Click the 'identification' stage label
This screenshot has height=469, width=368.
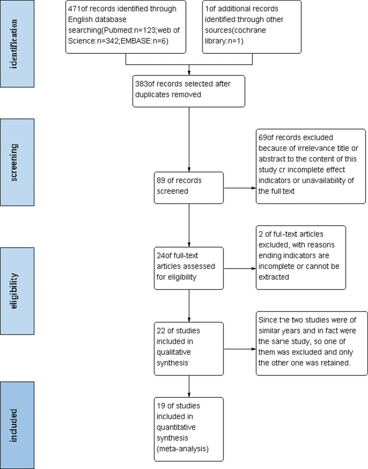(14, 44)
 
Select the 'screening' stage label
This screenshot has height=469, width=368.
(14, 162)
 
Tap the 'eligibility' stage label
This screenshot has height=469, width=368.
(14, 291)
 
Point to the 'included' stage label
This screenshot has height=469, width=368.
(14, 425)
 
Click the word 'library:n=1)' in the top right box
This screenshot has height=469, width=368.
(224, 41)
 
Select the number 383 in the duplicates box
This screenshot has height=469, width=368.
(142, 84)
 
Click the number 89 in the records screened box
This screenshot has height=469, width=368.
(161, 180)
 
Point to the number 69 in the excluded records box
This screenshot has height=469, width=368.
(263, 138)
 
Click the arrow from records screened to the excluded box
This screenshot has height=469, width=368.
(240, 188)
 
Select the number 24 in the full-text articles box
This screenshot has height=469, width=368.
(161, 256)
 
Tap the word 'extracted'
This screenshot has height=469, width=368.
(274, 277)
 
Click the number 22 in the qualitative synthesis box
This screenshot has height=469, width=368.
(161, 331)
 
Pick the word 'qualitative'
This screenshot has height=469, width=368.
(174, 353)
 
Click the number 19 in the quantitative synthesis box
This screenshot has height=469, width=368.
(161, 406)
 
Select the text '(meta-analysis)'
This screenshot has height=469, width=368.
(182, 449)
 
